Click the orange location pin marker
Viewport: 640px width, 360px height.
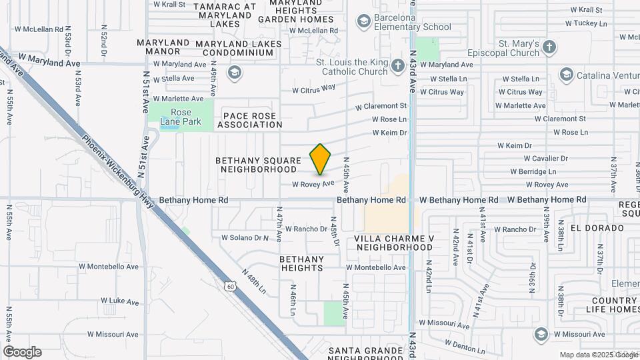click(321, 159)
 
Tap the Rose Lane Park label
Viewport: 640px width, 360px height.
click(181, 117)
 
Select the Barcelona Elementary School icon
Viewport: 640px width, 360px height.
click(363, 22)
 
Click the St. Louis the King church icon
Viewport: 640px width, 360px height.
click(398, 65)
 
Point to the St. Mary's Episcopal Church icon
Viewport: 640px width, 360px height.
click(549, 47)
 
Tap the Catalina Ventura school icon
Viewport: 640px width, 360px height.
click(567, 74)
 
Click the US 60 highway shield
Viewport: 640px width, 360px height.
click(230, 286)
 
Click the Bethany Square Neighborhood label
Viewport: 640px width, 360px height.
click(259, 165)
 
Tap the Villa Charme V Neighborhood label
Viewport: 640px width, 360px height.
click(394, 243)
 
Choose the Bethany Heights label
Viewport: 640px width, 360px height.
click(301, 263)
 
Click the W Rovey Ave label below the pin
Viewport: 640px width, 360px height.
click(313, 183)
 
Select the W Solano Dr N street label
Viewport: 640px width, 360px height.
click(245, 237)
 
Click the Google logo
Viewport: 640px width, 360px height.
click(22, 352)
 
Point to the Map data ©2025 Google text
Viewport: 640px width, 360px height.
click(599, 355)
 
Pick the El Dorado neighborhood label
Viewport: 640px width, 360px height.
click(597, 227)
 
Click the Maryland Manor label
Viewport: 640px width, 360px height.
click(163, 47)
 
